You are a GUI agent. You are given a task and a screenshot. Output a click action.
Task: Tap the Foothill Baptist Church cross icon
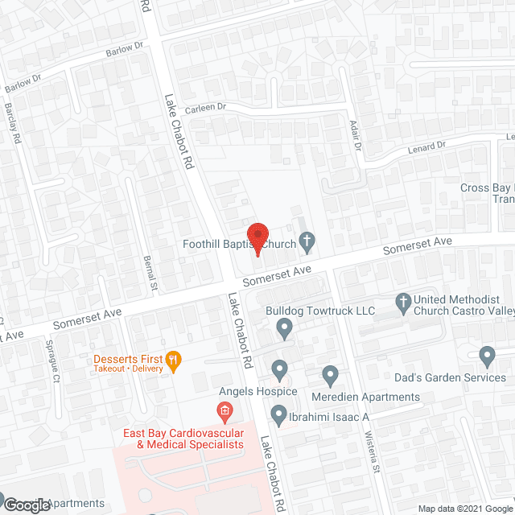(306, 240)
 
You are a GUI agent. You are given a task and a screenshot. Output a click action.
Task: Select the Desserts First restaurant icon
(172, 359)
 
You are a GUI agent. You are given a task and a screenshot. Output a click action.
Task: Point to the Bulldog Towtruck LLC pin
(283, 328)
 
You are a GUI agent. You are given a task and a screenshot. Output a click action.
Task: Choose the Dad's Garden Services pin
(486, 355)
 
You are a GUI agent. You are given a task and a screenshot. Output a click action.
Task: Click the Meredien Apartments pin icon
(330, 374)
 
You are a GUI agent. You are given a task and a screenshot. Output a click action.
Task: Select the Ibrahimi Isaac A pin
(279, 416)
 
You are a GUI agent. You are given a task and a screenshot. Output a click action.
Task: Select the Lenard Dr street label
(427, 146)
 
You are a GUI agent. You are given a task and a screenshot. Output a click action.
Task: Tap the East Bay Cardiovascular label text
(182, 439)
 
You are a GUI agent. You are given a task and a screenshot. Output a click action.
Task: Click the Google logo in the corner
(26, 505)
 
